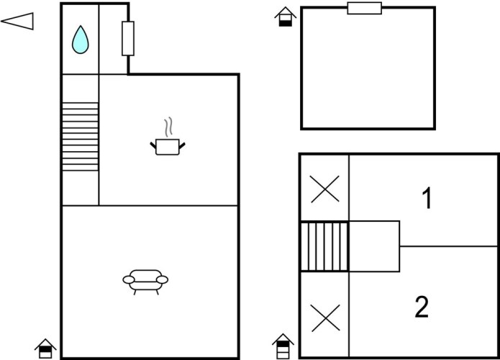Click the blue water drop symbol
(80, 40)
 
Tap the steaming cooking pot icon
(168, 146)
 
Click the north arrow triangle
(17, 22)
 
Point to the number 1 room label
(427, 198)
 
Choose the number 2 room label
(422, 307)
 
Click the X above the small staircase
(324, 190)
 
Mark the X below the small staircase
(324, 317)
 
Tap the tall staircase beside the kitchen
(80, 137)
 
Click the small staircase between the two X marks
(324, 246)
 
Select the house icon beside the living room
(45, 348)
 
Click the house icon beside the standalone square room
(286, 17)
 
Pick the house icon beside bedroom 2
(283, 345)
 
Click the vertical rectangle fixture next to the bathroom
(128, 38)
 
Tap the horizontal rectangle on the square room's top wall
(364, 8)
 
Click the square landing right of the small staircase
(374, 246)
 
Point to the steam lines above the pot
(168, 127)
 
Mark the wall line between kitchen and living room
(168, 206)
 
